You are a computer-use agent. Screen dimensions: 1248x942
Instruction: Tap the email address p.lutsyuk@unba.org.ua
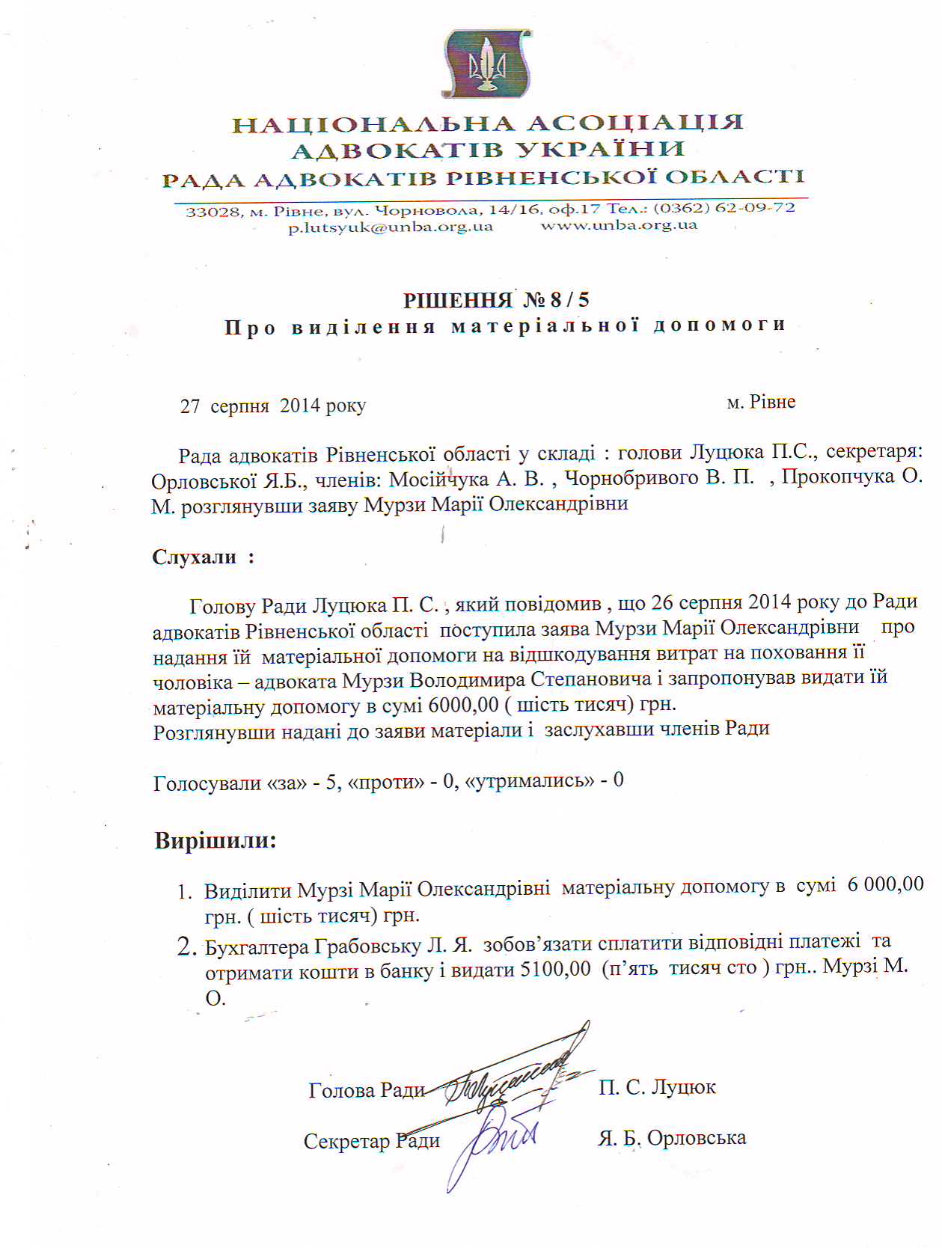pyautogui.click(x=391, y=227)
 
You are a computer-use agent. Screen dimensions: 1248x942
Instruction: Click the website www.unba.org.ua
pyautogui.click(x=619, y=225)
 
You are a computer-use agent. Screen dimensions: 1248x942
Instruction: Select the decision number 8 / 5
pyautogui.click(x=569, y=300)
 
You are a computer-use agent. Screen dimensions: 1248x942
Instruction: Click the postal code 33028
pyautogui.click(x=212, y=212)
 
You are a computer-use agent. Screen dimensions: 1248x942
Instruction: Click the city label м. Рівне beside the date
pyautogui.click(x=760, y=402)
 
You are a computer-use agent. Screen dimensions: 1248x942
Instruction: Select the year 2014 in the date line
pyautogui.click(x=300, y=406)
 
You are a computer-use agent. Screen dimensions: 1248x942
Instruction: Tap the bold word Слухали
pyautogui.click(x=195, y=557)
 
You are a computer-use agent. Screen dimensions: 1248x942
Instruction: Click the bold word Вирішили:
pyautogui.click(x=215, y=840)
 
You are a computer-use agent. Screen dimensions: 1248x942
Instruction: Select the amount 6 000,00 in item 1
pyautogui.click(x=885, y=884)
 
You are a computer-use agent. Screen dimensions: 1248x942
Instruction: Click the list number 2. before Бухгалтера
pyautogui.click(x=186, y=947)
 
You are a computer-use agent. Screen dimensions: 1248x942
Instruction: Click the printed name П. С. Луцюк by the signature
pyautogui.click(x=657, y=1086)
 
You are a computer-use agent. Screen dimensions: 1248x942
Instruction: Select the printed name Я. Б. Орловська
pyautogui.click(x=671, y=1138)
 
